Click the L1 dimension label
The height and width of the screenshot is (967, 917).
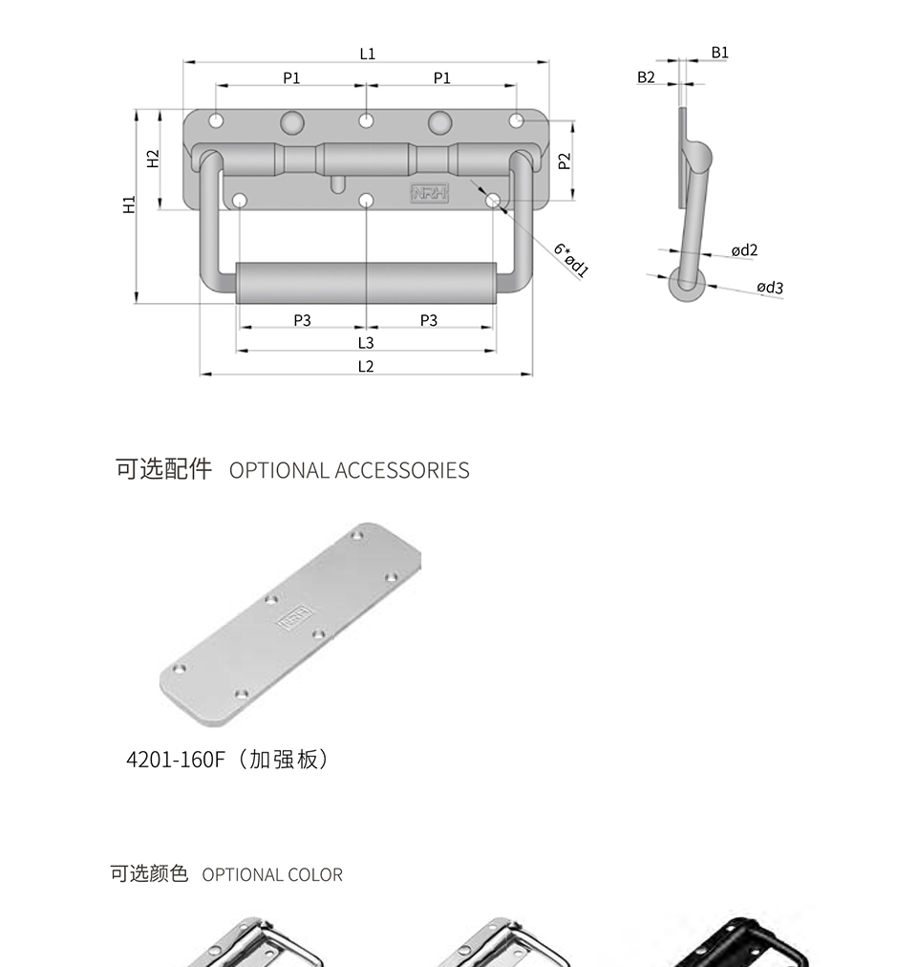(367, 54)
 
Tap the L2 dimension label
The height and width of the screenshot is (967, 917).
(366, 366)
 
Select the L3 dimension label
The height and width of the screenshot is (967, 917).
(366, 343)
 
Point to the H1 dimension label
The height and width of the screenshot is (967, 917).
(129, 204)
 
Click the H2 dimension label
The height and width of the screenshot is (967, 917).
(153, 159)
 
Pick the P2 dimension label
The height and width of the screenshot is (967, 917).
(565, 161)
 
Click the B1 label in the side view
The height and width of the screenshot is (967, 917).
(719, 53)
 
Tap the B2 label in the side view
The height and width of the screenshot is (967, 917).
(646, 77)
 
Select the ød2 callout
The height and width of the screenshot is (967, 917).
(744, 249)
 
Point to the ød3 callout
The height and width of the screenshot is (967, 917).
(770, 287)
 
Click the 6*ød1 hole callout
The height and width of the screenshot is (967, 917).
(571, 260)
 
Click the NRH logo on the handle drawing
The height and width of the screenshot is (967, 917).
(429, 193)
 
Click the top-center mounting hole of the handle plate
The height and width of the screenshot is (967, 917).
(366, 120)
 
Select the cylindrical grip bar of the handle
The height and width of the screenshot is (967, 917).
(366, 283)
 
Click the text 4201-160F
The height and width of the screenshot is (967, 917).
(175, 759)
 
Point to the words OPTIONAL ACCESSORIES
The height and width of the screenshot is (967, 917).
(349, 470)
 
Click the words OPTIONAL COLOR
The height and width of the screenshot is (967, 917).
(272, 874)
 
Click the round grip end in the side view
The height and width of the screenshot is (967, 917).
(687, 285)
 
